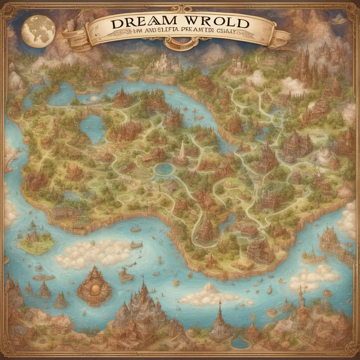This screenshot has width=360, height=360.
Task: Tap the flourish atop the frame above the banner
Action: click(x=180, y=8)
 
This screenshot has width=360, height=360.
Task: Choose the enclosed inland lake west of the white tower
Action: click(x=92, y=128)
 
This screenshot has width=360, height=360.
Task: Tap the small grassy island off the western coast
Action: click(x=36, y=242)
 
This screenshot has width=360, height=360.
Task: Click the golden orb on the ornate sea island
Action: click(x=94, y=288)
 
